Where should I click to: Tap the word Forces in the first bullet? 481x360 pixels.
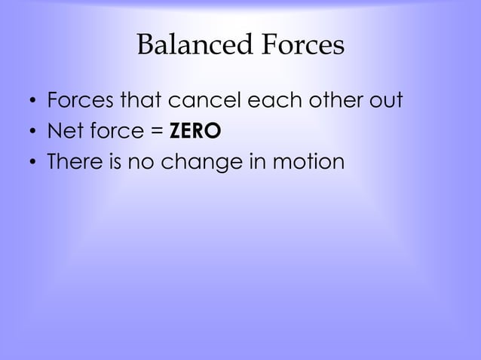click(x=78, y=100)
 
